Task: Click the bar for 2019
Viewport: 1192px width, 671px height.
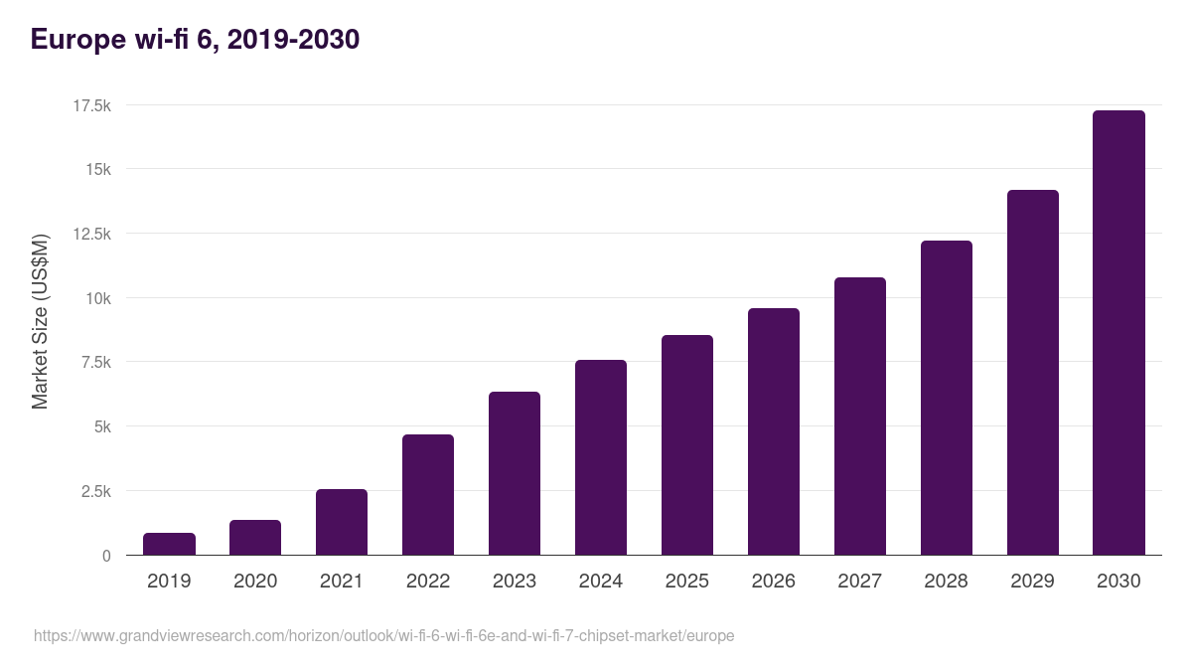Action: pos(169,544)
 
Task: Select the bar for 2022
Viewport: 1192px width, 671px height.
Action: pos(428,495)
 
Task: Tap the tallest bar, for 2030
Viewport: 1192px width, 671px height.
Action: pos(1118,333)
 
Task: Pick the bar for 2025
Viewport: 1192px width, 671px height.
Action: pos(687,445)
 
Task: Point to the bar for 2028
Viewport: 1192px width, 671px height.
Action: pos(947,398)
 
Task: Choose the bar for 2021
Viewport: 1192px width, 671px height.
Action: pos(342,522)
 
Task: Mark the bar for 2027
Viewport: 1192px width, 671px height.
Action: pos(860,417)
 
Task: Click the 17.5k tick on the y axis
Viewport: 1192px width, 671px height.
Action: pos(89,105)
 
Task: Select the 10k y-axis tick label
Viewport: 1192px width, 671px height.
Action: pos(97,298)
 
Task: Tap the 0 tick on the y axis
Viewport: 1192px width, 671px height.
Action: pos(105,556)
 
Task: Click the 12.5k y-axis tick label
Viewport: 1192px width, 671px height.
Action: pos(89,234)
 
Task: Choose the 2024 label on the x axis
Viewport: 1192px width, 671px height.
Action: pos(601,582)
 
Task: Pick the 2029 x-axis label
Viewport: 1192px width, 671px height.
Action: pos(1032,582)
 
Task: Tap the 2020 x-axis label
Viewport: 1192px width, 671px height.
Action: pos(255,582)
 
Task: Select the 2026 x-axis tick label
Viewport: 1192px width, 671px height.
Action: pos(774,582)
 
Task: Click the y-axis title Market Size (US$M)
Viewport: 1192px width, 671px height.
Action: pos(40,322)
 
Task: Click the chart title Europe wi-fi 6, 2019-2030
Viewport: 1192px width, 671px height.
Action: pos(195,40)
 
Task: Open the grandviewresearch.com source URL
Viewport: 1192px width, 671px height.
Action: pos(383,635)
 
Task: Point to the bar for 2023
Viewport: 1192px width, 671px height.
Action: pos(515,473)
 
